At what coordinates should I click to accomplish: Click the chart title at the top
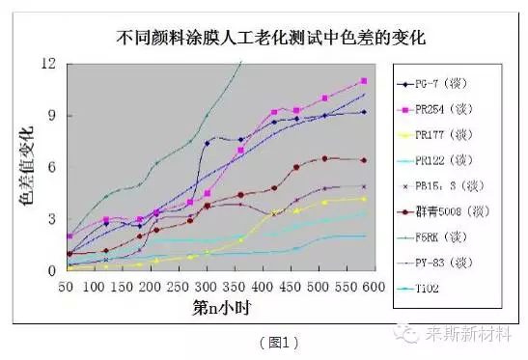pos(271,39)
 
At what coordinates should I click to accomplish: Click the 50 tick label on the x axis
pos(67,287)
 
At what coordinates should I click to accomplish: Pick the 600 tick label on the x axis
pos(375,287)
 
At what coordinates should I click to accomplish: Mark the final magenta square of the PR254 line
pos(364,81)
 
